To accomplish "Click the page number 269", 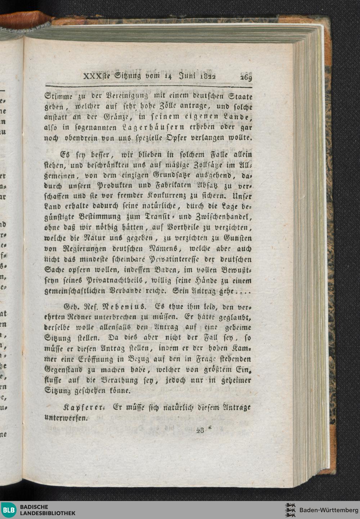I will pos(244,77).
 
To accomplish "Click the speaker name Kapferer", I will pos(80,407).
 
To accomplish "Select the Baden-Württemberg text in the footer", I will pos(329,510).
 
